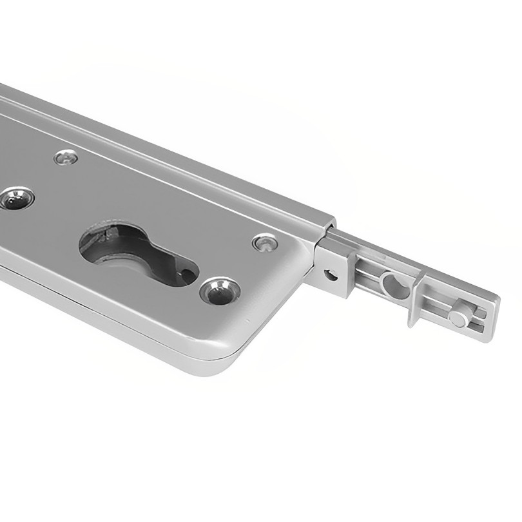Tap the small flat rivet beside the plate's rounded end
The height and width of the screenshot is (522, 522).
click(x=265, y=243)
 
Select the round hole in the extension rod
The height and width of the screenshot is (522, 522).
click(x=393, y=284)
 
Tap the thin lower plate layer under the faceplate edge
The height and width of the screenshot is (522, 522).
click(x=129, y=322)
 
